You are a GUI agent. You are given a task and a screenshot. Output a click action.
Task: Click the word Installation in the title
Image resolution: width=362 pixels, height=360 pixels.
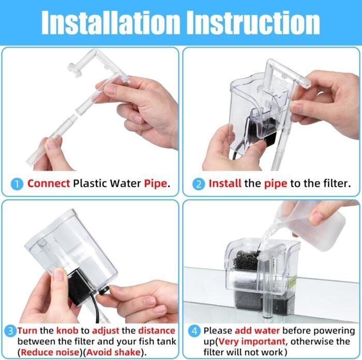point(110,23)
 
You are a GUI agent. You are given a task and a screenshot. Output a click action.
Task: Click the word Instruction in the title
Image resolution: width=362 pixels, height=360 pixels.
point(253,23)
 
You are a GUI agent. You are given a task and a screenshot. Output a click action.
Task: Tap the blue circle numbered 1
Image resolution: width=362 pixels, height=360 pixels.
point(17,184)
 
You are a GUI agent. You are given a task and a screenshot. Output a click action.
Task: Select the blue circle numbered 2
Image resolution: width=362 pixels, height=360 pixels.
point(199,184)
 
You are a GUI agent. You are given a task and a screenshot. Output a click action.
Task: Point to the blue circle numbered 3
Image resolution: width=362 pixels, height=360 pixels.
point(10,331)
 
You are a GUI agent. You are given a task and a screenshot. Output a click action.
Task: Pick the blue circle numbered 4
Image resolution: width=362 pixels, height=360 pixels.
point(194,331)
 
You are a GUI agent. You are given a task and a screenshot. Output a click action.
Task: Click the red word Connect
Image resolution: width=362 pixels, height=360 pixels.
point(49,184)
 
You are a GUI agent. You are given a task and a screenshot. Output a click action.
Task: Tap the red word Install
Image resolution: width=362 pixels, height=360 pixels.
point(225,184)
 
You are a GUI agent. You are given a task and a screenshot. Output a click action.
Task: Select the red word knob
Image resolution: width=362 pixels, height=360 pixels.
point(67,331)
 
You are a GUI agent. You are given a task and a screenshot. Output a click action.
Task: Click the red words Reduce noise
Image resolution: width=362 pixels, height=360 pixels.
point(50,352)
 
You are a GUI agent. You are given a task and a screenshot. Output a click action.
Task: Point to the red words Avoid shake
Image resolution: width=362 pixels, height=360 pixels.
point(113,352)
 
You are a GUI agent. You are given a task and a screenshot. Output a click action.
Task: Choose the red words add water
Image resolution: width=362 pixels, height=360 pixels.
point(257,331)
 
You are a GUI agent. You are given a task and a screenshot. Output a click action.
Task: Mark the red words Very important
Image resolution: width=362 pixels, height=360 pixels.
point(252,341)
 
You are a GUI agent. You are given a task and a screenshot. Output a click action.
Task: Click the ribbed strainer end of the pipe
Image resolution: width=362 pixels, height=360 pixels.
point(35,155)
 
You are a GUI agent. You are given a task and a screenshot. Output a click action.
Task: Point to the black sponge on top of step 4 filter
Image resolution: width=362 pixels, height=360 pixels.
point(246,261)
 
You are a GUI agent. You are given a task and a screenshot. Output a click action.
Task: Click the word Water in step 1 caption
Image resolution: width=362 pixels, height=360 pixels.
point(125,184)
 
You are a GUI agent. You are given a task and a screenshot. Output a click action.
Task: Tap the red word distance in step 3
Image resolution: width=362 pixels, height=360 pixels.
point(157,331)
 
